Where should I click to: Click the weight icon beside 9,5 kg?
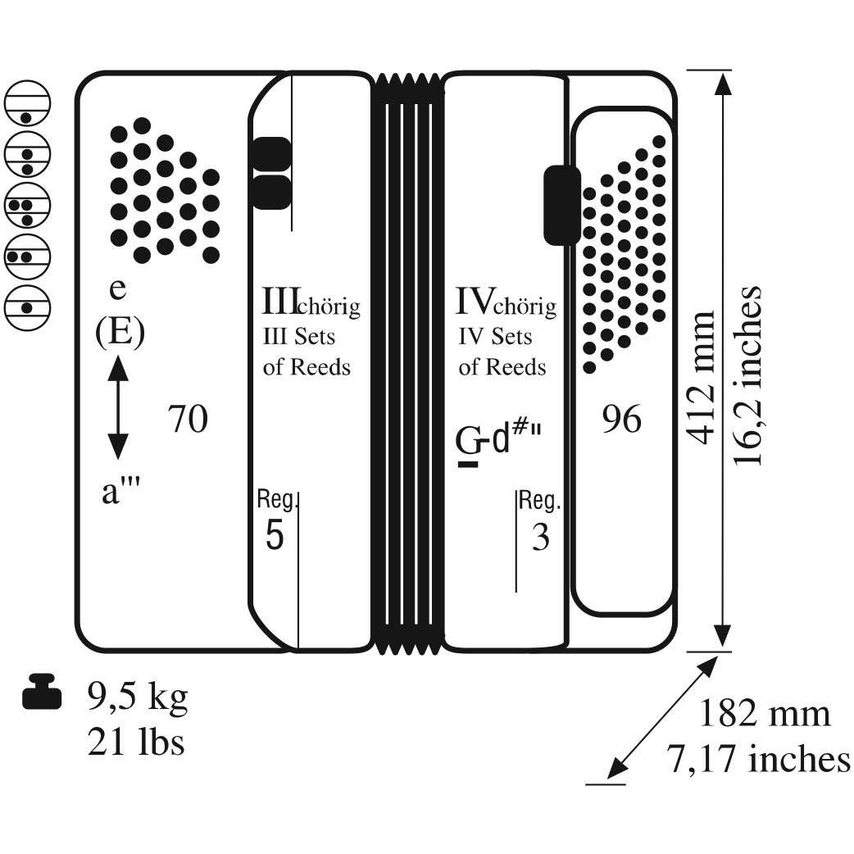pos(42,691)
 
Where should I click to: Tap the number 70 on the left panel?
pos(188,419)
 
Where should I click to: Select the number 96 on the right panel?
pos(621,419)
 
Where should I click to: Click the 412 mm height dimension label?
pos(700,378)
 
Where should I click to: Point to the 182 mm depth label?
pos(764,714)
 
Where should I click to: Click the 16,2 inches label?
pos(746,376)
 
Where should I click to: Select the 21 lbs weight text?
pos(136,741)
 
